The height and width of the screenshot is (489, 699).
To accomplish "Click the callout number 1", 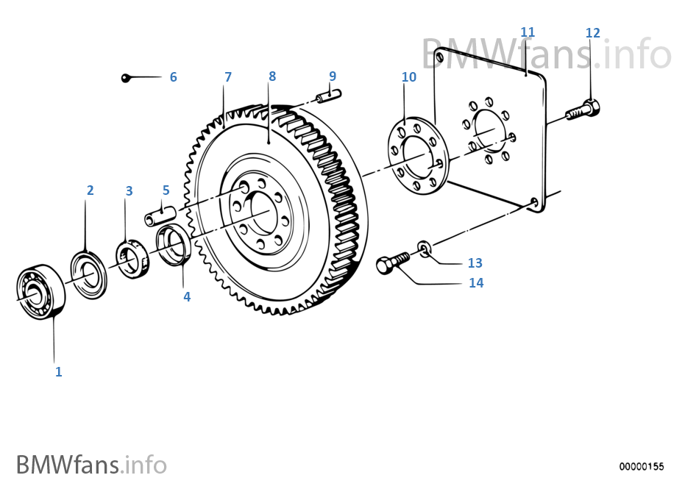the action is coord(58,371).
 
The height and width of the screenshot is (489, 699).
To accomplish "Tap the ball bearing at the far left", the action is coord(40,292).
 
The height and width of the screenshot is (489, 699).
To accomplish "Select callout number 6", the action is coord(174,77).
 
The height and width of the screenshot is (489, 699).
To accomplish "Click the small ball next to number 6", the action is coord(126,79).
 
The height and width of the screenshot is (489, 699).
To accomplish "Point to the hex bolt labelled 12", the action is coord(583,110).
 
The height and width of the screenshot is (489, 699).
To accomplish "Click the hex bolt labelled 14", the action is coord(393,264).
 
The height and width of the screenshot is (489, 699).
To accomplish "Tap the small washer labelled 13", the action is coord(425,249).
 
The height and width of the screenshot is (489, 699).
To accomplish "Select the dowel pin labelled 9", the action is coord(329,96).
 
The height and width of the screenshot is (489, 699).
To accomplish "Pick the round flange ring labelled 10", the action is coord(418,156).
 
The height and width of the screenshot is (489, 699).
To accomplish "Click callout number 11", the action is coord(528,32).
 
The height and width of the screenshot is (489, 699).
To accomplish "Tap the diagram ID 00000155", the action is coord(641,466).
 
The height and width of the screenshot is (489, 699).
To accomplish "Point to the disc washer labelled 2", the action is coord(89,275).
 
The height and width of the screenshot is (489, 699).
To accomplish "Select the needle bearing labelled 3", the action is coord(132,259).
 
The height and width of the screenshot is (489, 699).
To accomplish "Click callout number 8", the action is coord(272,76).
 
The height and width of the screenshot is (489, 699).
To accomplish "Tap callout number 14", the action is coord(476,283).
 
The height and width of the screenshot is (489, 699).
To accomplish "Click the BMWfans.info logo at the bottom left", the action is coord(91,465).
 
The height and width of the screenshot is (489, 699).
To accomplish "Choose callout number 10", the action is coord(409,77).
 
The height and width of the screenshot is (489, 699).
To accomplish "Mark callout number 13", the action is coord(475,263).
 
